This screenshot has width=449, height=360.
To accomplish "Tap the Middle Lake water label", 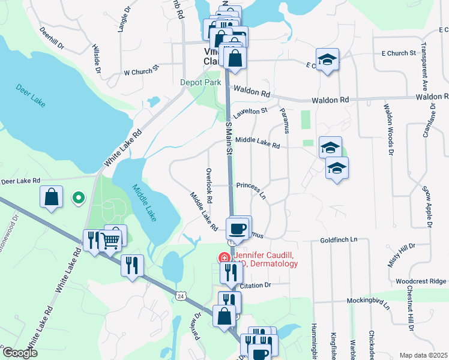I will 145,203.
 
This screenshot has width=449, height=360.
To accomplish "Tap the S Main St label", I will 229,138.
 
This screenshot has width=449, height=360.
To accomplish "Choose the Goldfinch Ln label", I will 339,239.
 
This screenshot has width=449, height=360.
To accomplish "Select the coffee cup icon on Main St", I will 237,228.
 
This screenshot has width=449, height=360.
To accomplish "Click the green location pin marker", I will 77,197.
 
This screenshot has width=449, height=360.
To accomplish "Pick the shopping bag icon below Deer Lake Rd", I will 52,196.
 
